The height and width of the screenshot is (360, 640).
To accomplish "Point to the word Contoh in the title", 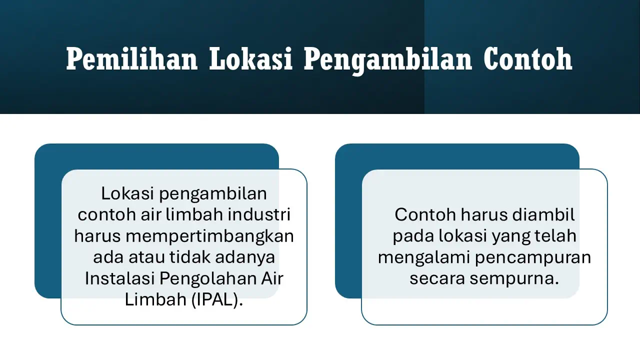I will pyautogui.click(x=528, y=59).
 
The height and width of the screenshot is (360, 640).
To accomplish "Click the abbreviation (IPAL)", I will pyautogui.click(x=217, y=300).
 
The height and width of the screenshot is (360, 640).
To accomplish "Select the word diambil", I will pyautogui.click(x=544, y=214).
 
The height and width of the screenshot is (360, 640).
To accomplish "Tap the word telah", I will pyautogui.click(x=556, y=236).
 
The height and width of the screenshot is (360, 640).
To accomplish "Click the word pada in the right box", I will pyautogui.click(x=413, y=236).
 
